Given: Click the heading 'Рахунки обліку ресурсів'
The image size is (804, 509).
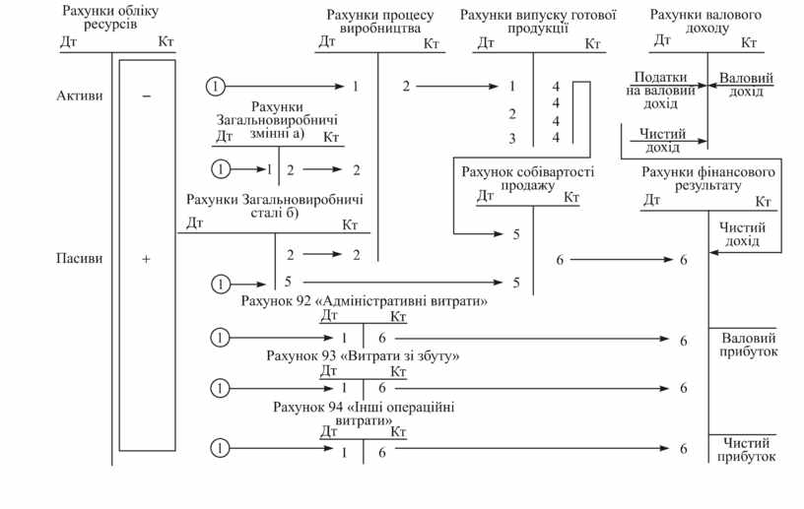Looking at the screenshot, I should pyautogui.click(x=110, y=19).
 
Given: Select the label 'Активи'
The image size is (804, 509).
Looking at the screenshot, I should pyautogui.click(x=76, y=96).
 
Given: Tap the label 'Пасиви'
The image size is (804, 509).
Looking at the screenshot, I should pyautogui.click(x=76, y=259).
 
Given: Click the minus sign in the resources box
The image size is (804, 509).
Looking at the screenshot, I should pyautogui.click(x=146, y=96).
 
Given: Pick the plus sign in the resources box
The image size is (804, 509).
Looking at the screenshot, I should pyautogui.click(x=146, y=259).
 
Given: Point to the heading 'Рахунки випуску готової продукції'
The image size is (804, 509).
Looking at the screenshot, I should pyautogui.click(x=538, y=22).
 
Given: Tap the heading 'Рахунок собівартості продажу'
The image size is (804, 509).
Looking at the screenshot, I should pyautogui.click(x=527, y=178).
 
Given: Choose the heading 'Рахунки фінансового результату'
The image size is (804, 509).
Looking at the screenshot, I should pyautogui.click(x=707, y=178).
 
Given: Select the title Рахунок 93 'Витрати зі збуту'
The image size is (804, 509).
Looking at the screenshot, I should pyautogui.click(x=364, y=354).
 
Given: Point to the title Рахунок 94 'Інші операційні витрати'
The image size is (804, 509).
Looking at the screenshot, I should pyautogui.click(x=364, y=413).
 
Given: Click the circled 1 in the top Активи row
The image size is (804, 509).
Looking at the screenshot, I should pyautogui.click(x=216, y=87).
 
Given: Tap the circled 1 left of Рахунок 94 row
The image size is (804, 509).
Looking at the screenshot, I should pyautogui.click(x=221, y=450).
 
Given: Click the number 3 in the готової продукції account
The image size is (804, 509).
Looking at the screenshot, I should pyautogui.click(x=512, y=138).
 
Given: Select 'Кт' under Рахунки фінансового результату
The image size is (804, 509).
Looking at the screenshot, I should pyautogui.click(x=762, y=201).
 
